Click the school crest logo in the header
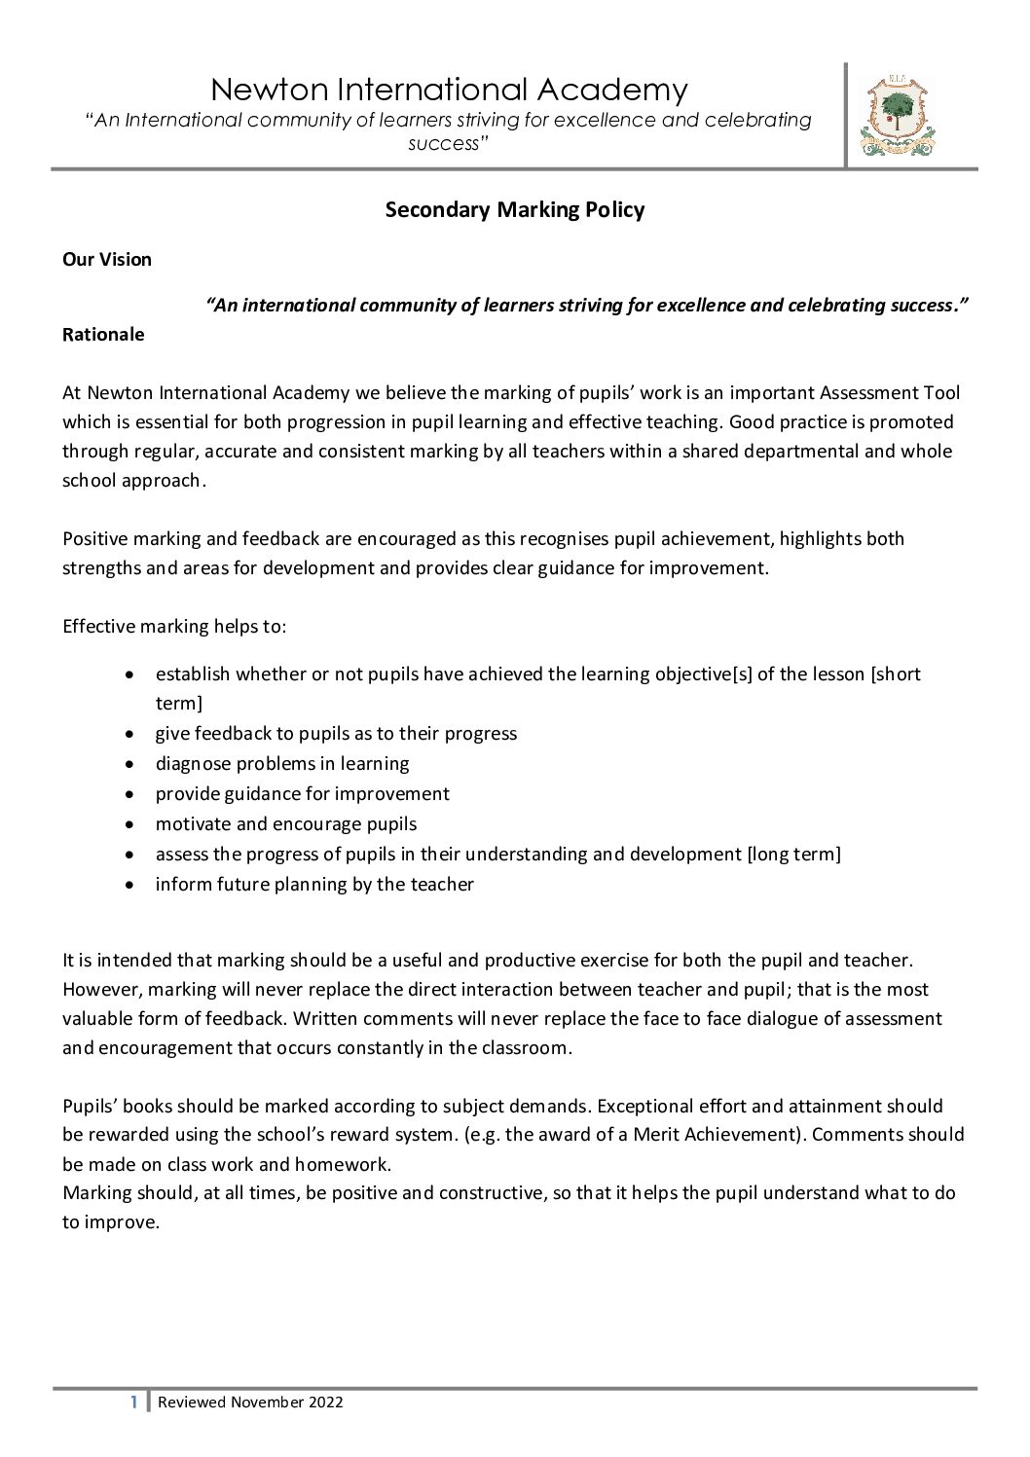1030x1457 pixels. tap(897, 117)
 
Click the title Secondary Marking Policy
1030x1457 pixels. tap(515, 209)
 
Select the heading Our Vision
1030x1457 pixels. tap(107, 259)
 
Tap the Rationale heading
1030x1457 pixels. tap(103, 334)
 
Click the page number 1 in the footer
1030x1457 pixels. tap(134, 1402)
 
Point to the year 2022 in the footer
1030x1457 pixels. tap(325, 1402)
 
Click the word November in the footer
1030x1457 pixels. tap(267, 1402)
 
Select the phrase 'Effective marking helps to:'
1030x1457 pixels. tap(174, 626)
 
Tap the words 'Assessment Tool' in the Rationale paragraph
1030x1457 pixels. tap(890, 392)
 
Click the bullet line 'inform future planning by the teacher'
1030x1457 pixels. tap(314, 884)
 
